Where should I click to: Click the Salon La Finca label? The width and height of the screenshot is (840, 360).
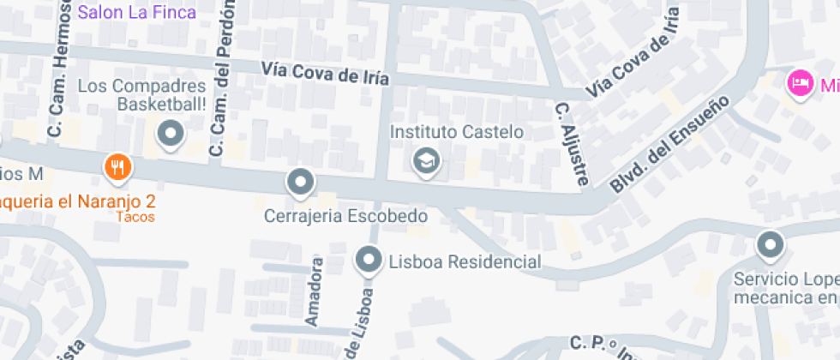[137, 12]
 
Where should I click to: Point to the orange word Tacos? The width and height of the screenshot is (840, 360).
[136, 217]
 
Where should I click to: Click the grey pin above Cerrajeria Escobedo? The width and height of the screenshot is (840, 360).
[299, 182]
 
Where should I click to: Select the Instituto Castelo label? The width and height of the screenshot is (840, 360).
[456, 132]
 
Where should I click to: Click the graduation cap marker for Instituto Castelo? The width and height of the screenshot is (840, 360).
[424, 160]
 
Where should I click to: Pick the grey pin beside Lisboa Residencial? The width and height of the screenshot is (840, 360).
[369, 259]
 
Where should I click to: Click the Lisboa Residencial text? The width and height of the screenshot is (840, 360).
[465, 261]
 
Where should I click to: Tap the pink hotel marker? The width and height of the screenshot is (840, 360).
[800, 83]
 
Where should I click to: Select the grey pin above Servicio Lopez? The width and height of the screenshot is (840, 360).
[770, 246]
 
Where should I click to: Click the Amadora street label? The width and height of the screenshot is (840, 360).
[314, 291]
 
